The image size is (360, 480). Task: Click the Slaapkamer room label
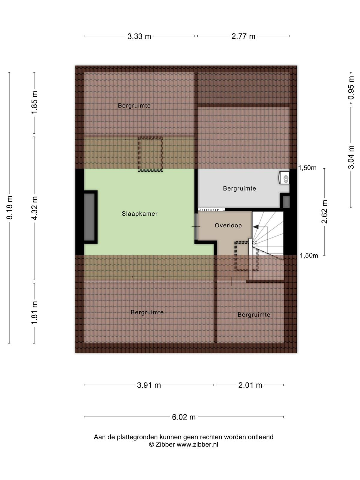pos(139,214)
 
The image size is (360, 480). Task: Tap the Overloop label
pos(228,226)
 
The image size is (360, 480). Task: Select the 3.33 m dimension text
pos(139,36)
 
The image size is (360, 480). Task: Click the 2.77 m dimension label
pos(243,36)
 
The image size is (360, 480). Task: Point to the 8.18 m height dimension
pos(10,208)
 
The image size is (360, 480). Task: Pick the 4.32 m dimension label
pos(34,208)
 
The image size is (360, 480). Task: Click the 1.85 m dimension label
pos(34,102)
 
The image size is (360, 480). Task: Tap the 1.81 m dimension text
pos(34,313)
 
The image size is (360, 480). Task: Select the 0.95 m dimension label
pos(351,88)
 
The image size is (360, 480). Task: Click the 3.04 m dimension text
pos(351,157)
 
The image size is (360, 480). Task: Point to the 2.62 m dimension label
pos(324,211)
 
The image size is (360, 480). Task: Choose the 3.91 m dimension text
pos(149,385)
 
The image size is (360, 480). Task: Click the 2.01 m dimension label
pos(250,385)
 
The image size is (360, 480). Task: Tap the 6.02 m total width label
pos(184,417)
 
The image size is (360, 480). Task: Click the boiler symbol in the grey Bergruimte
pos(284,178)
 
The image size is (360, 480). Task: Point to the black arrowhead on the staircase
pos(256,227)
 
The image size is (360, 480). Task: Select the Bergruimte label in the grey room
pos(239,188)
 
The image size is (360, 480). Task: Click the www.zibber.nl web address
pos(197,444)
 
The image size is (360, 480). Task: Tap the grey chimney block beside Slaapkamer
pos(89,217)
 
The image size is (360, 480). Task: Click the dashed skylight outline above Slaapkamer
pos(150,154)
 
